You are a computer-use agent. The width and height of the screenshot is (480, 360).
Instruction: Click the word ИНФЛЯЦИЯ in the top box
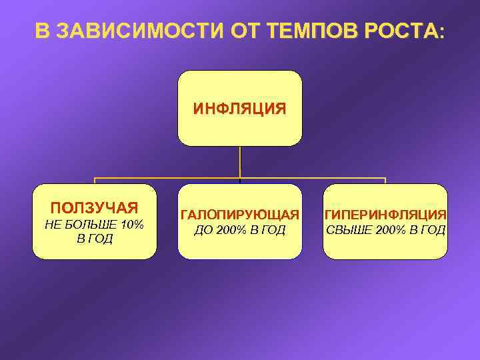click(240, 109)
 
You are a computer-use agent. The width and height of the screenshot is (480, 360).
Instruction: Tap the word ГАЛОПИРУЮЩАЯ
click(240, 215)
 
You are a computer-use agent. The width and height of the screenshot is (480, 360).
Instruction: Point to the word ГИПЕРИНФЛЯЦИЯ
click(385, 215)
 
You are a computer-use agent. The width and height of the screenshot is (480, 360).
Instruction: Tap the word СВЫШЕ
click(345, 230)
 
